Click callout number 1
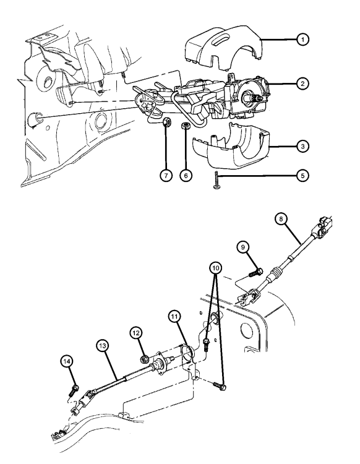302,40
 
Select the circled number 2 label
302,84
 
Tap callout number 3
302,146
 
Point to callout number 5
302,176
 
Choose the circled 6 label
186,176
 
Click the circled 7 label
166,176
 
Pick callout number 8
281,219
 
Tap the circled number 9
243,247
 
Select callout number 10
216,268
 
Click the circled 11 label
174,317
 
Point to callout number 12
136,333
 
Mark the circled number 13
102,346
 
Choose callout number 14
67,361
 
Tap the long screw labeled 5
216,179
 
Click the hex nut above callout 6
185,126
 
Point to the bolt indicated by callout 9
256,272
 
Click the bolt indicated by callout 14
74,390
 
